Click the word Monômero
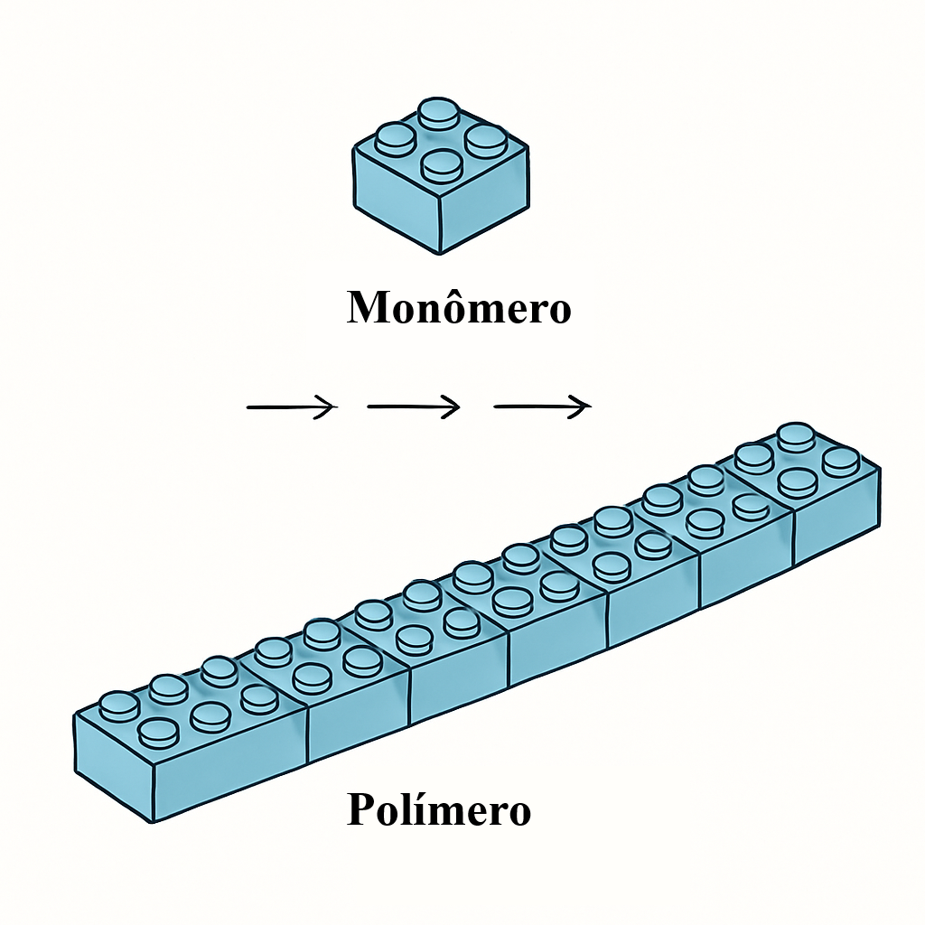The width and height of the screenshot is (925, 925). click(x=458, y=306)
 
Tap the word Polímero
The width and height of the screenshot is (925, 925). click(x=439, y=809)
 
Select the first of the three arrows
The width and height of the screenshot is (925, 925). click(x=292, y=406)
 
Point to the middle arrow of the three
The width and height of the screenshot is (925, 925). click(x=414, y=406)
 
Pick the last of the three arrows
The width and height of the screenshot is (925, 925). click(x=542, y=406)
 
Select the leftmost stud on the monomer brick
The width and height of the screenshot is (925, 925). click(x=395, y=138)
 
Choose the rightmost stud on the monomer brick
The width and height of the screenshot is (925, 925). click(x=486, y=140)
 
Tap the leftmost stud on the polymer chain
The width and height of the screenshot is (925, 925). click(x=119, y=706)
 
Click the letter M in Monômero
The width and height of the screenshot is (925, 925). click(x=368, y=307)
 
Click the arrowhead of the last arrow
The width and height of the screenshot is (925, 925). click(x=581, y=406)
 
